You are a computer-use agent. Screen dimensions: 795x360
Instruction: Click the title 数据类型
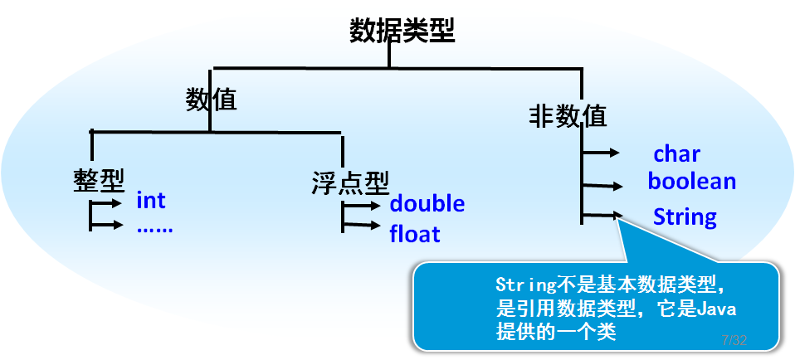pyautogui.click(x=402, y=31)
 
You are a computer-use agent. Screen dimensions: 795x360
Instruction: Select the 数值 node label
pyautogui.click(x=211, y=100)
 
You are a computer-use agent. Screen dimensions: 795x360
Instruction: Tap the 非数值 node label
pyautogui.click(x=568, y=115)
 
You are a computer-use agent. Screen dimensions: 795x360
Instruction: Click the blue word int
pyautogui.click(x=151, y=201)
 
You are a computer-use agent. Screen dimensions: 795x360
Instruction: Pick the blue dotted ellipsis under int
pyautogui.click(x=154, y=226)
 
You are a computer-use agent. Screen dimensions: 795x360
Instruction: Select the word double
pyautogui.click(x=427, y=203)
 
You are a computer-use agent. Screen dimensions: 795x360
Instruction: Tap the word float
pyautogui.click(x=415, y=234)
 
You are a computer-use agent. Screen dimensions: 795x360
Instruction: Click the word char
pyautogui.click(x=677, y=153)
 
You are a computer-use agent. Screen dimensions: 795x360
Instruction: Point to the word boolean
pyautogui.click(x=692, y=181)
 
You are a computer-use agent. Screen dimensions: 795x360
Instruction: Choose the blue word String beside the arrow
pyautogui.click(x=685, y=217)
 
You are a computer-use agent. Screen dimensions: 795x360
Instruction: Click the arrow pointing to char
pyautogui.click(x=602, y=153)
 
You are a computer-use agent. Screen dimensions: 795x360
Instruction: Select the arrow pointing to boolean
pyautogui.click(x=602, y=186)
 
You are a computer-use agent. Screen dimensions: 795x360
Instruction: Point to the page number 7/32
pyautogui.click(x=734, y=341)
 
